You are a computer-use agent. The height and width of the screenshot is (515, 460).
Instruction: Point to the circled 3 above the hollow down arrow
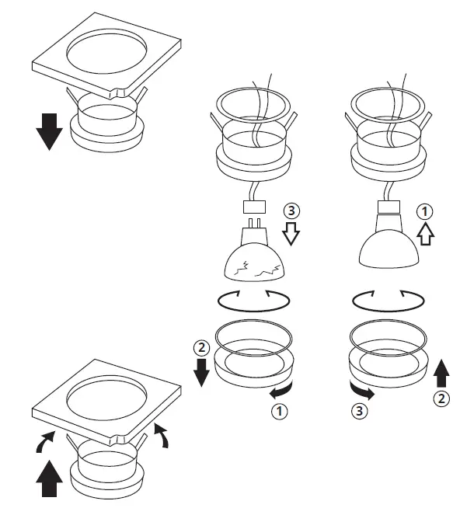point(291,211)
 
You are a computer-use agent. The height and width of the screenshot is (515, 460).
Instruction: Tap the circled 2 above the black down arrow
point(200,346)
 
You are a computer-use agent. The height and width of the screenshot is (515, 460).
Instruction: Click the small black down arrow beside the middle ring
point(200,372)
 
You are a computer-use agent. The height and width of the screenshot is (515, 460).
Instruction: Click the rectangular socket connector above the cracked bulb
point(254,208)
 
